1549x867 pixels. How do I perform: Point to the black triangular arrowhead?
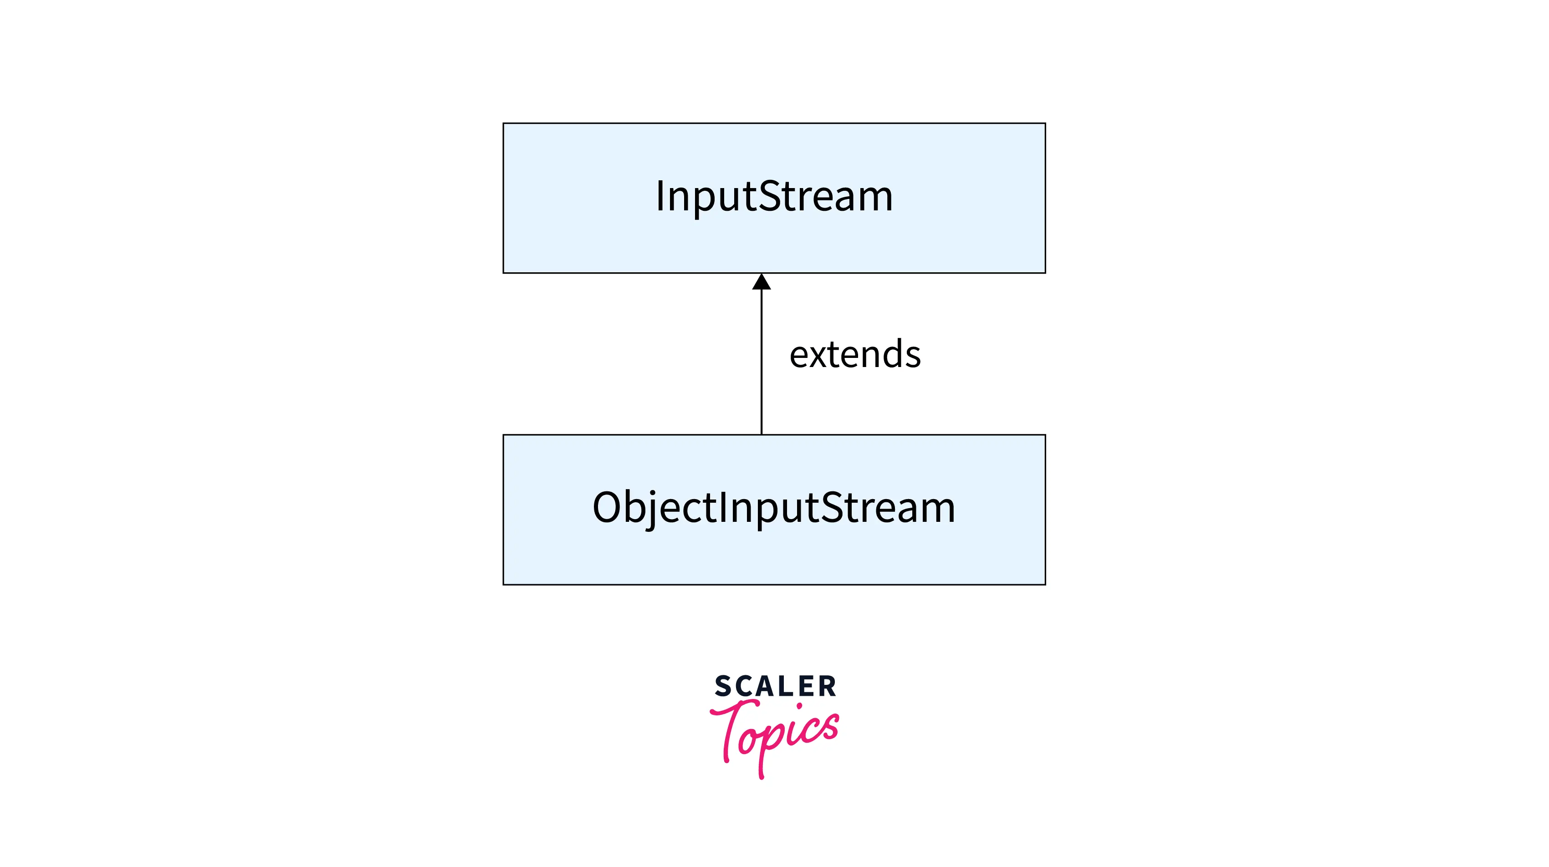[x=761, y=282]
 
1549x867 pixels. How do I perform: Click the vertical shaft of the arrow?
[x=761, y=361]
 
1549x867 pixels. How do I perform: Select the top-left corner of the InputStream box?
[x=504, y=124]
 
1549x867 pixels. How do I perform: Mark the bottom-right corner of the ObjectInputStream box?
[x=1045, y=584]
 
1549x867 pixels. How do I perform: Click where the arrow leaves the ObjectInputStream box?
[x=761, y=434]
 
